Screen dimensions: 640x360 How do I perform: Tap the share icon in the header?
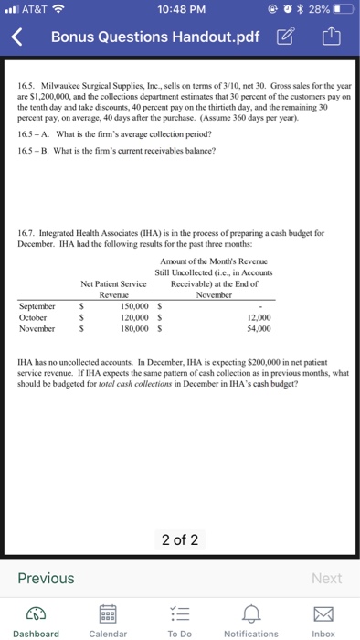click(331, 38)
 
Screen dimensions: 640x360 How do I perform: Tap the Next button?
click(326, 578)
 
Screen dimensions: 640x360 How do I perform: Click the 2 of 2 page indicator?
click(180, 539)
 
